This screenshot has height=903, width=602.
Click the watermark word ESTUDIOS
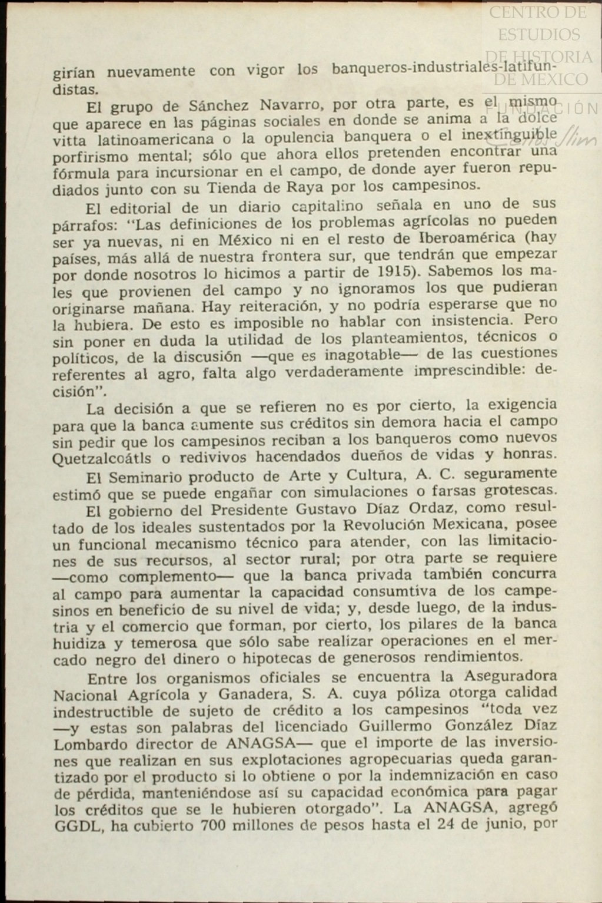538,34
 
